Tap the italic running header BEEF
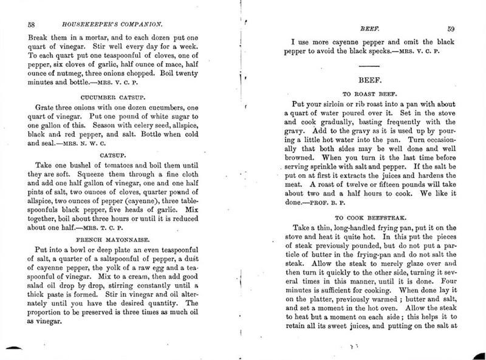[x=370, y=27]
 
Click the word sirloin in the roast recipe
[x=342, y=105]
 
